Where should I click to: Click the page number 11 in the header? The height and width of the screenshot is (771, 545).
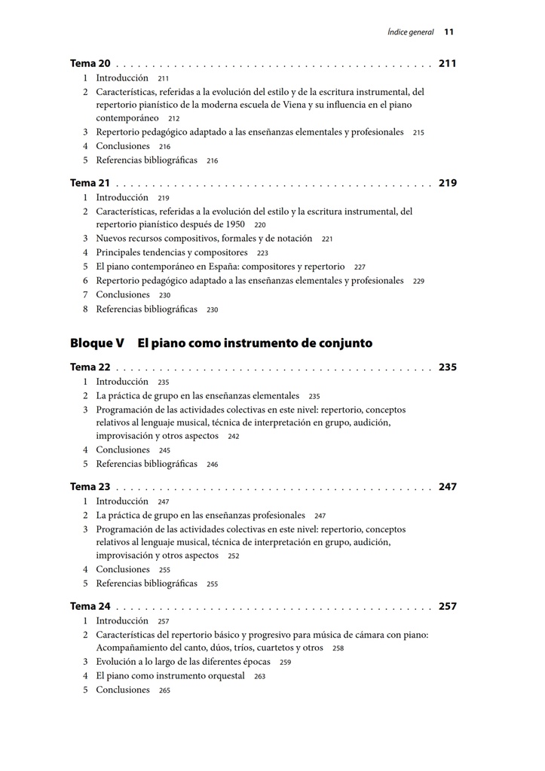click(x=449, y=32)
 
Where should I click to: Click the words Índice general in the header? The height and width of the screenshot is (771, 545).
click(x=410, y=32)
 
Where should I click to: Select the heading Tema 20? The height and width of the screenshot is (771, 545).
click(x=90, y=64)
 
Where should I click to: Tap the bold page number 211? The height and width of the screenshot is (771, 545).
click(x=447, y=64)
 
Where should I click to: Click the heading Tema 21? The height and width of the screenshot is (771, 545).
click(x=90, y=183)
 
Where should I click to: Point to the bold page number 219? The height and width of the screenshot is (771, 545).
click(x=447, y=183)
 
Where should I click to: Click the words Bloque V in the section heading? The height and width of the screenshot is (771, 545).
click(x=96, y=343)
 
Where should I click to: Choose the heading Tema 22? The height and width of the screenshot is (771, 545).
click(x=90, y=367)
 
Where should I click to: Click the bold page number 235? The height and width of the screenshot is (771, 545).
click(x=447, y=367)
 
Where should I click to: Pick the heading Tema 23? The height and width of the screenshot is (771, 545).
click(x=90, y=487)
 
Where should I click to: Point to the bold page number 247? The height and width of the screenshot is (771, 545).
click(x=447, y=487)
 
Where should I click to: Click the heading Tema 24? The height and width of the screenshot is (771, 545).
click(x=90, y=606)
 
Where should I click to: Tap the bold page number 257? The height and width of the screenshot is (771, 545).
click(x=447, y=606)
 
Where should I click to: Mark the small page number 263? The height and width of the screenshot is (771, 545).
click(x=260, y=677)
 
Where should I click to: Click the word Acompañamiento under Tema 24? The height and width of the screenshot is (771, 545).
click(x=132, y=648)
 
